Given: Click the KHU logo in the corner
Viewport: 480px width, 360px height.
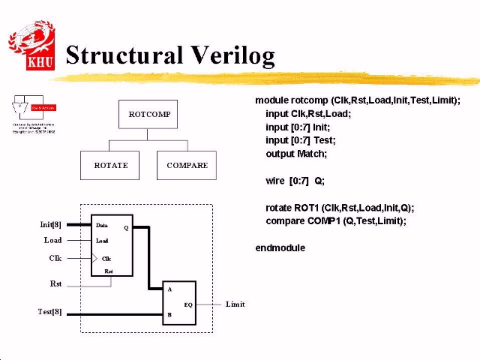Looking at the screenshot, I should click(x=31, y=46).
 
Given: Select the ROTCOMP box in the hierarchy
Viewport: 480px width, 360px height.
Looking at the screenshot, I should click(x=148, y=114).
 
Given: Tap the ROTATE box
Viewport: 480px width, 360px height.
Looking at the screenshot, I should click(x=110, y=165).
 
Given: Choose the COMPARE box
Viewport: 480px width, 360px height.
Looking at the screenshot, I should click(x=187, y=165).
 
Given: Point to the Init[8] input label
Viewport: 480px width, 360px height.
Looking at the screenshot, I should click(x=51, y=224).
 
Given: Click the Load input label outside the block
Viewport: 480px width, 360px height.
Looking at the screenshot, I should click(x=52, y=241).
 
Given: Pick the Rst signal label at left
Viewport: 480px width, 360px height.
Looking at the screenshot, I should click(x=55, y=284).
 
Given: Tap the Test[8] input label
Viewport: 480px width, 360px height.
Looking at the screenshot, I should click(x=50, y=311).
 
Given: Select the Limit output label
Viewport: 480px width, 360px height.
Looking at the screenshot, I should click(x=235, y=304).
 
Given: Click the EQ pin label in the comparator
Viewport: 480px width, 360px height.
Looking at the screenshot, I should click(x=188, y=304).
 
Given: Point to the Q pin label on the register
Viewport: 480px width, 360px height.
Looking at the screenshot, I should click(x=126, y=227).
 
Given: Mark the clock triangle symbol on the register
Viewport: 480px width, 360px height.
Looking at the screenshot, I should click(x=94, y=258).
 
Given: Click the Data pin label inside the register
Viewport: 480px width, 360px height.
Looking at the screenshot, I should click(x=102, y=225).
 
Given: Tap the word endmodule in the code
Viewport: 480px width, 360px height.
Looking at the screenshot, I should click(x=280, y=247).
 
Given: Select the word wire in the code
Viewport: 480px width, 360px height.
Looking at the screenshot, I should click(x=274, y=181).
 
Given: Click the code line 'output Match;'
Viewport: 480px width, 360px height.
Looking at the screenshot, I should click(x=295, y=154).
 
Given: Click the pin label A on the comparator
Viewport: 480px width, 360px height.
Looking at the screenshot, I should click(x=169, y=289).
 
